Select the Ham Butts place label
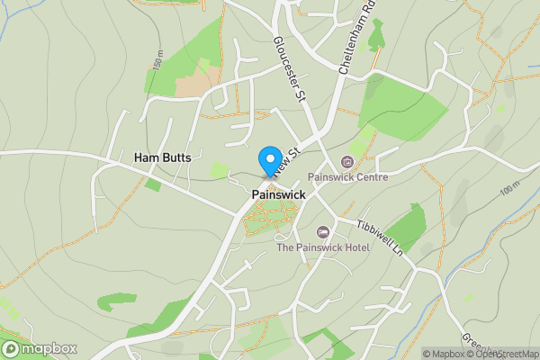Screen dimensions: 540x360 [164, 157]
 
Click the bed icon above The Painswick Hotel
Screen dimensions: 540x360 [323, 233]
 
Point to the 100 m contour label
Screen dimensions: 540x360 [510, 189]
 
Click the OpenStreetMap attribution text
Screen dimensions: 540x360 [503, 354]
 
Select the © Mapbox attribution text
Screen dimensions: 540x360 [443, 354]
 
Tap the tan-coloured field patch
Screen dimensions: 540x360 [192, 85]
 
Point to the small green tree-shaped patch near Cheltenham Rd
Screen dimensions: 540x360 [375, 36]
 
